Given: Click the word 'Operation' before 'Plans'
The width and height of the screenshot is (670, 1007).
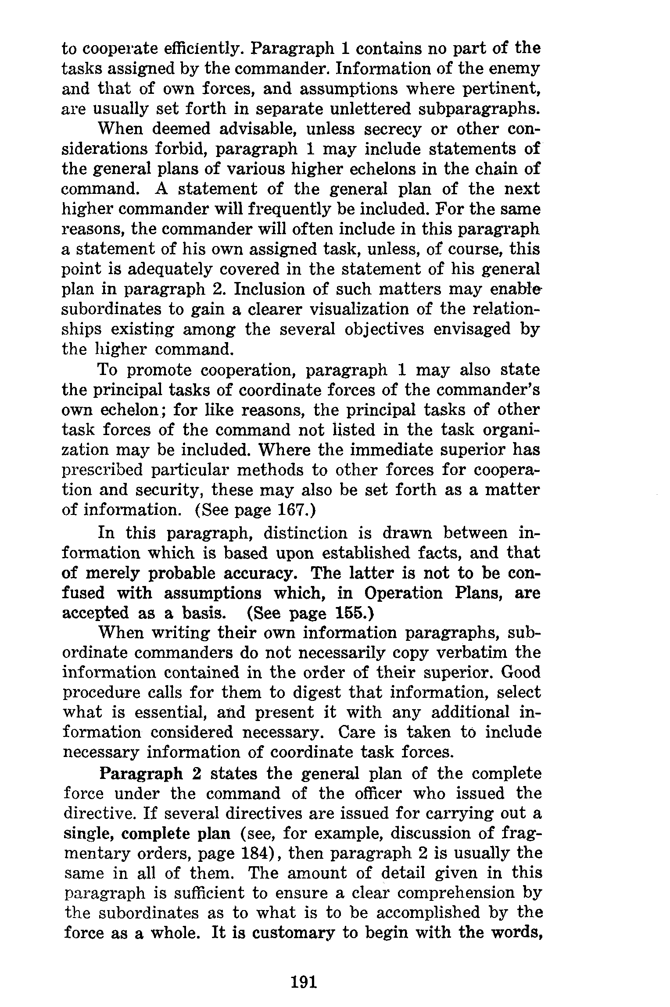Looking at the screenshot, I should [x=404, y=593].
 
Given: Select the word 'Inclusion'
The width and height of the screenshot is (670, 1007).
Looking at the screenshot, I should [x=278, y=289].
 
